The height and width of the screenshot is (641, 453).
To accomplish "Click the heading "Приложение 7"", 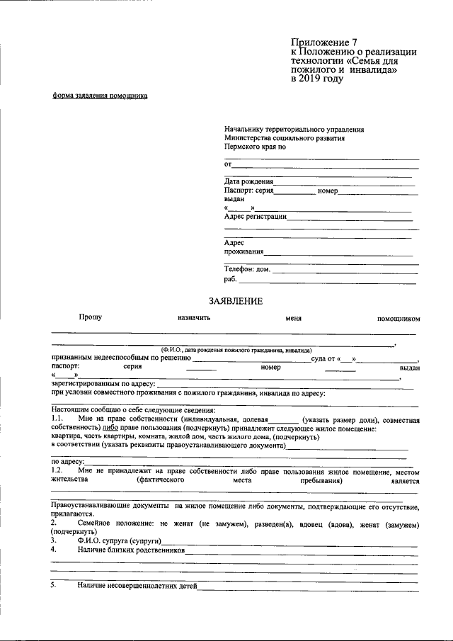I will [326, 42].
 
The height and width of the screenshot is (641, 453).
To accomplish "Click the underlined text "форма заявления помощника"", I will [100, 96].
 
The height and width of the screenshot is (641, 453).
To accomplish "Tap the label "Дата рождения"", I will [248, 182].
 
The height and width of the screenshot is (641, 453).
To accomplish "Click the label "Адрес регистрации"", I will [255, 217].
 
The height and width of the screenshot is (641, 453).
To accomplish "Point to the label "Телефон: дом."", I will [248, 269].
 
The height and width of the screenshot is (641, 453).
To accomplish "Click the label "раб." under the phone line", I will [231, 280].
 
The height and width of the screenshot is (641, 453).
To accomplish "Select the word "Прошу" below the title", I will [91, 317].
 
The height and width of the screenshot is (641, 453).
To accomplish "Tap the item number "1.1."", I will [58, 420].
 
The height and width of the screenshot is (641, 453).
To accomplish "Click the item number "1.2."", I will [58, 471].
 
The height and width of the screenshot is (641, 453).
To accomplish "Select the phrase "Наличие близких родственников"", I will [131, 550].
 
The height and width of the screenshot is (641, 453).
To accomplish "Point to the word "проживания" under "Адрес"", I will [244, 251].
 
